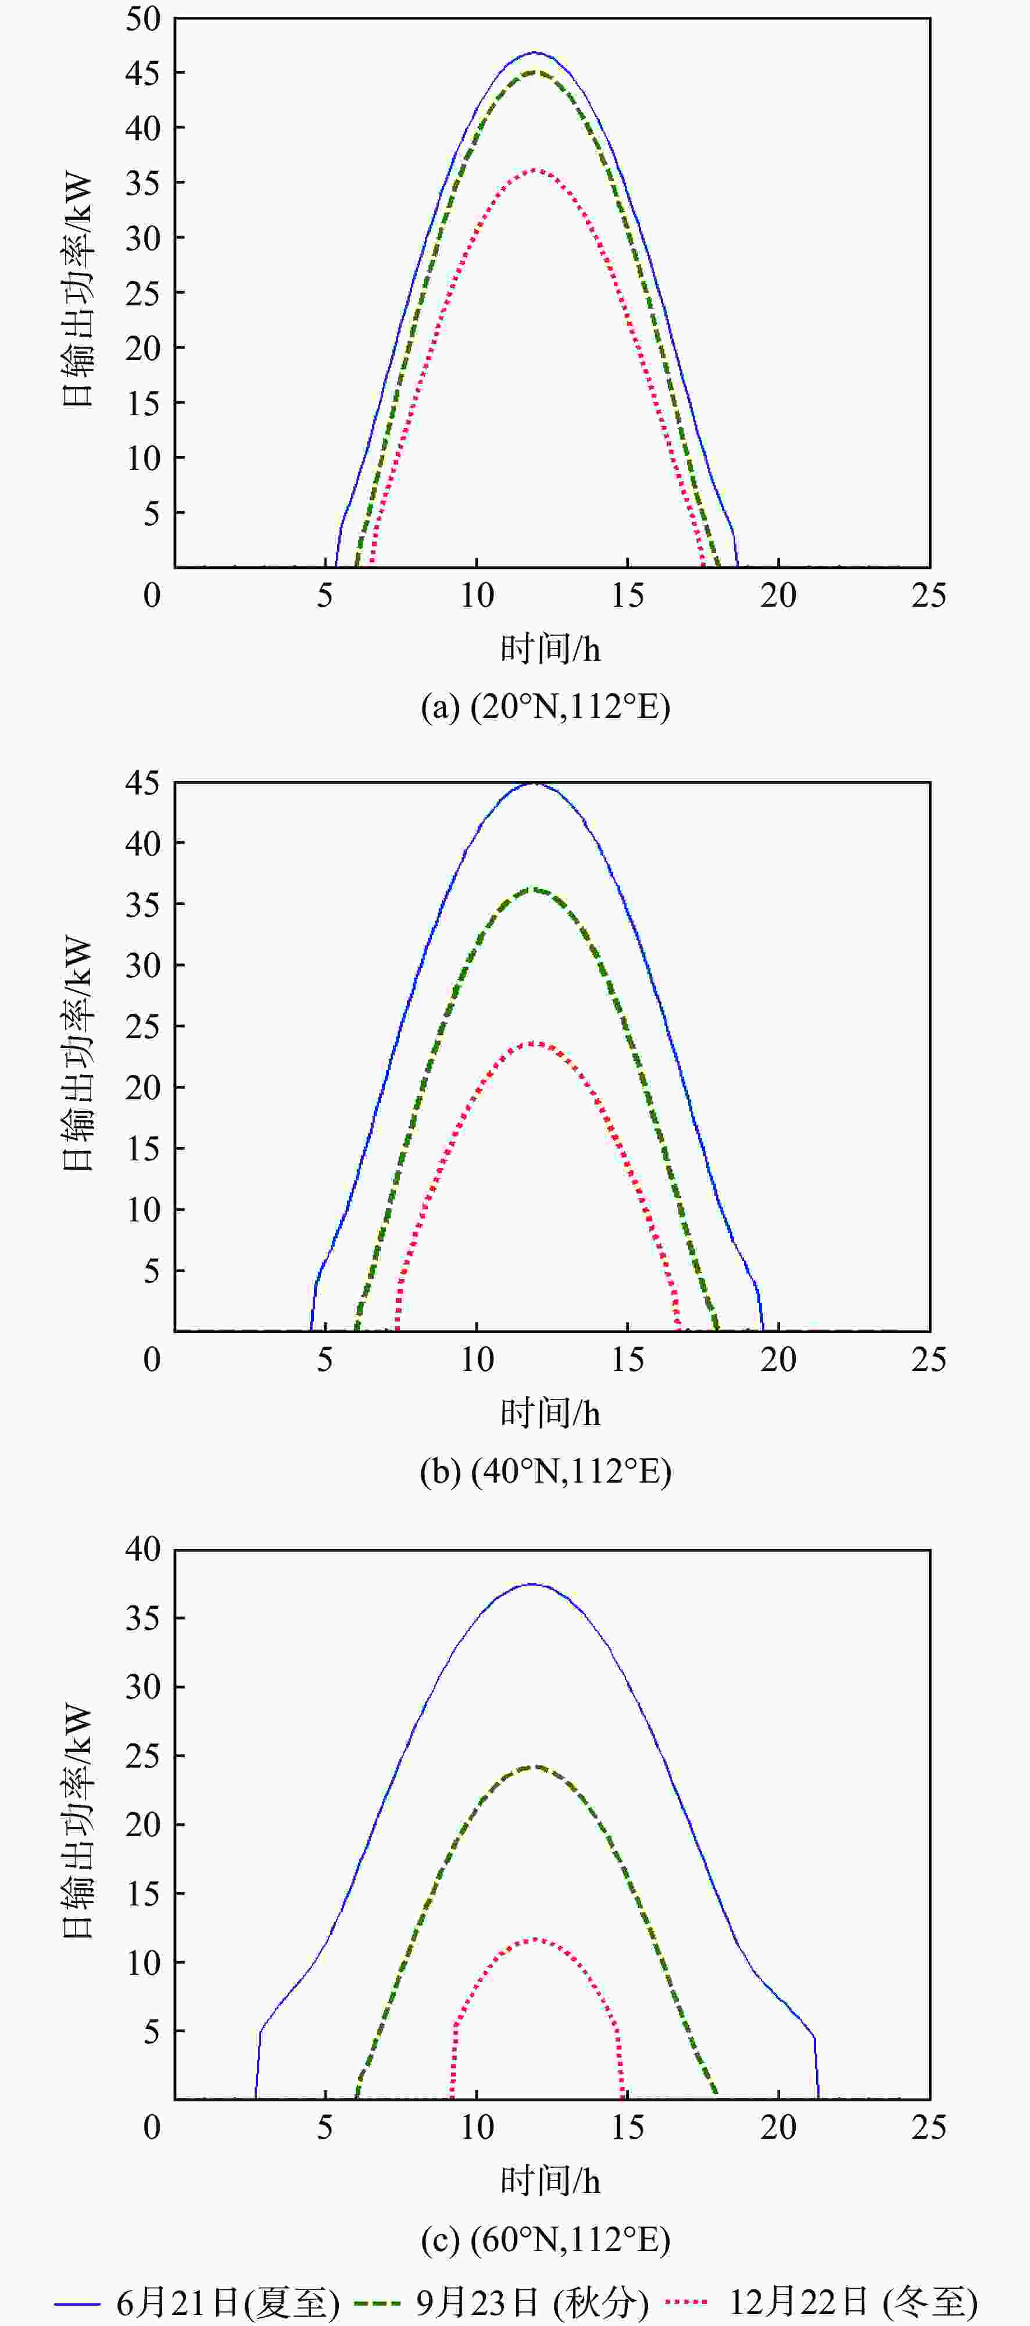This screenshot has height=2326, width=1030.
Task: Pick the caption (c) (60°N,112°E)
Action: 545,2238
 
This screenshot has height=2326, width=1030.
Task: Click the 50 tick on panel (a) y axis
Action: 142,19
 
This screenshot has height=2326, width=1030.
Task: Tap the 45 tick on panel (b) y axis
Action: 142,783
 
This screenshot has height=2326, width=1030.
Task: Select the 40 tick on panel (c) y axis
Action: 142,1550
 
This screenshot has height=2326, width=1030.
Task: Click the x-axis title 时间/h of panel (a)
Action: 550,649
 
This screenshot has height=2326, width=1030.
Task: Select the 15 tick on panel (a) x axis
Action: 627,595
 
